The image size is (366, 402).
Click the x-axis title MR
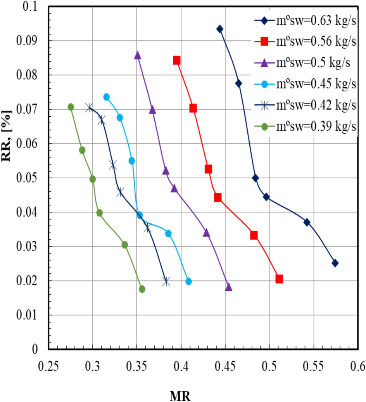pyautogui.click(x=180, y=396)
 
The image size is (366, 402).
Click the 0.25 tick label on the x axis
pyautogui.click(x=48, y=366)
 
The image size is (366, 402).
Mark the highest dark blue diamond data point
pyautogui.click(x=220, y=29)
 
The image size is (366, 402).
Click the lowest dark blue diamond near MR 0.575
pyautogui.click(x=335, y=263)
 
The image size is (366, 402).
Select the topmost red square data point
pyautogui.click(x=177, y=60)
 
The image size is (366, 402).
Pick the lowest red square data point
pyautogui.click(x=279, y=279)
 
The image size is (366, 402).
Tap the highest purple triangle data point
pyautogui.click(x=138, y=56)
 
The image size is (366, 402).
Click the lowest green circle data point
pyautogui.click(x=142, y=289)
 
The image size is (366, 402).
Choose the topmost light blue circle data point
pyautogui.click(x=107, y=97)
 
